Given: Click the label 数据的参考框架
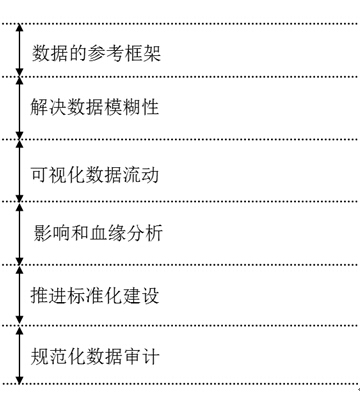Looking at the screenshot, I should tap(97, 51).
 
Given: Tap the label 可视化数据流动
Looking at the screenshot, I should tap(97, 174).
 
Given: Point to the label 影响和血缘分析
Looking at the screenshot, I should tap(97, 235).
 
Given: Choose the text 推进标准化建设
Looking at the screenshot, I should tap(97, 296).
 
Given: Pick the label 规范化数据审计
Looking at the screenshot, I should tap(97, 355).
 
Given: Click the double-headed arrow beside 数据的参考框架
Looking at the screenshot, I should tap(19, 50).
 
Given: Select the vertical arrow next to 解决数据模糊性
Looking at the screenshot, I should tap(19, 107).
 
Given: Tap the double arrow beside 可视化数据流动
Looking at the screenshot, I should tap(19, 171).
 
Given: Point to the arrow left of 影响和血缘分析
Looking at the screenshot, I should tap(19, 234).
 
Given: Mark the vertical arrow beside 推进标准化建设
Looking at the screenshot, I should tap(19, 295).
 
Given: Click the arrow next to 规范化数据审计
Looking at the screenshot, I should tap(19, 354).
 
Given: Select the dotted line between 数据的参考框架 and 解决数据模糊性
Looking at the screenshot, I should tap(180, 76).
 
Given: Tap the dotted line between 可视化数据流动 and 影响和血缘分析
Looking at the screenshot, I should tap(180, 203).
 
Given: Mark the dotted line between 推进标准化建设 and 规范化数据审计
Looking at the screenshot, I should tap(180, 325).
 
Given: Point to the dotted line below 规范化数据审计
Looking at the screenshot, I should tap(180, 383).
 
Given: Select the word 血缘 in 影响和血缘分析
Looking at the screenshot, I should tap(111, 235).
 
